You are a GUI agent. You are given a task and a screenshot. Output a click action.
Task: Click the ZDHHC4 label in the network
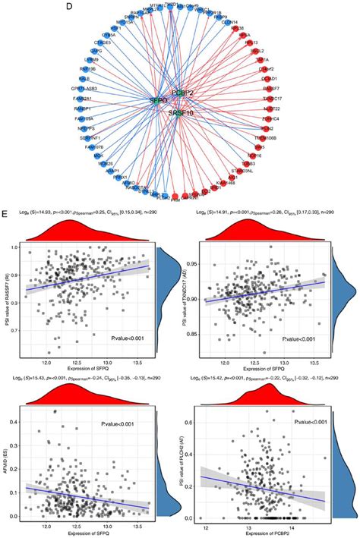(268, 118)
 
